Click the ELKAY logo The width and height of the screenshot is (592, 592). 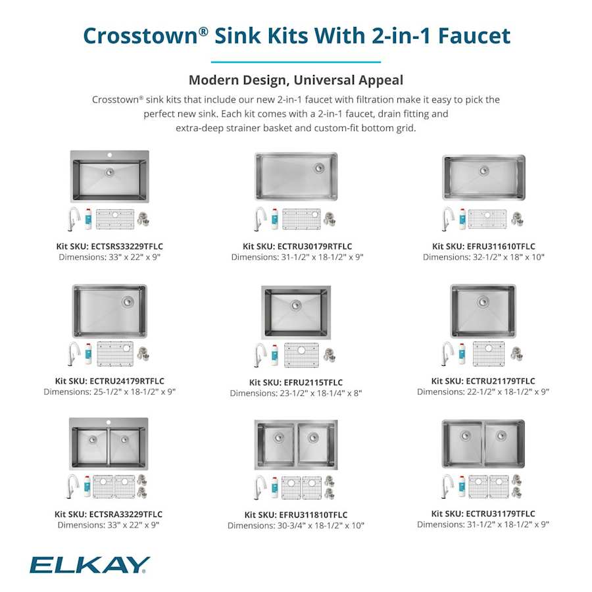(89, 564)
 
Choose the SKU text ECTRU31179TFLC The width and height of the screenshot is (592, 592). (496, 514)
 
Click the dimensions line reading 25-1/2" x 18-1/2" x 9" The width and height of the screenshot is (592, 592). (110, 392)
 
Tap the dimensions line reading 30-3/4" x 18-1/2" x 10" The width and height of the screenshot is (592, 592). (296, 526)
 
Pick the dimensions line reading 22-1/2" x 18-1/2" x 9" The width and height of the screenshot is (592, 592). (483, 392)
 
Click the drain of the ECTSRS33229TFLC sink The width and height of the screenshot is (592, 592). (109, 171)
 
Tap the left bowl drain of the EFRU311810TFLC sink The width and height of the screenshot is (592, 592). (278, 437)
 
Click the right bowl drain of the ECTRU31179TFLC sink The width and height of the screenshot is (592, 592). (501, 435)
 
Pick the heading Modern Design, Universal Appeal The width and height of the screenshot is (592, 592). (296, 80)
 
